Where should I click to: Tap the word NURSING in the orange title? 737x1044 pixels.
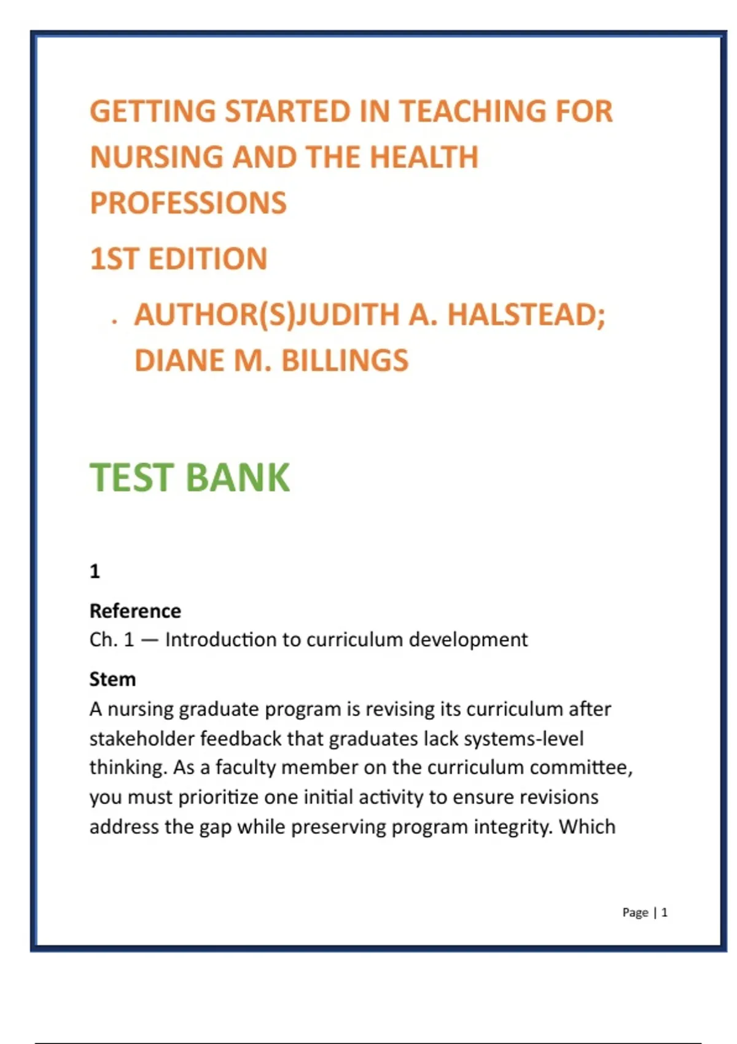pyautogui.click(x=156, y=157)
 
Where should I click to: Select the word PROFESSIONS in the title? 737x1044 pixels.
pyautogui.click(x=188, y=203)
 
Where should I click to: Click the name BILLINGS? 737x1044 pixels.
pyautogui.click(x=345, y=360)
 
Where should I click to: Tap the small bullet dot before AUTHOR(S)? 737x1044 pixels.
pyautogui.click(x=114, y=321)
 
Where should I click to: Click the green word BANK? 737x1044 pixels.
pyautogui.click(x=237, y=478)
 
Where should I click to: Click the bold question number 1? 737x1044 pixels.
pyautogui.click(x=95, y=572)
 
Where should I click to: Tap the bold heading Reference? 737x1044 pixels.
pyautogui.click(x=135, y=611)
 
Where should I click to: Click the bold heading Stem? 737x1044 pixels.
pyautogui.click(x=112, y=679)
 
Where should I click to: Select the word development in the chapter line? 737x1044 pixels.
pyautogui.click(x=468, y=640)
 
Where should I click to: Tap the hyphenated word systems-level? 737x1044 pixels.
pyautogui.click(x=523, y=738)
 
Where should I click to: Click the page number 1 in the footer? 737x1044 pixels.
pyautogui.click(x=665, y=913)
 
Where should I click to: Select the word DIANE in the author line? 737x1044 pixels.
pyautogui.click(x=179, y=360)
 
